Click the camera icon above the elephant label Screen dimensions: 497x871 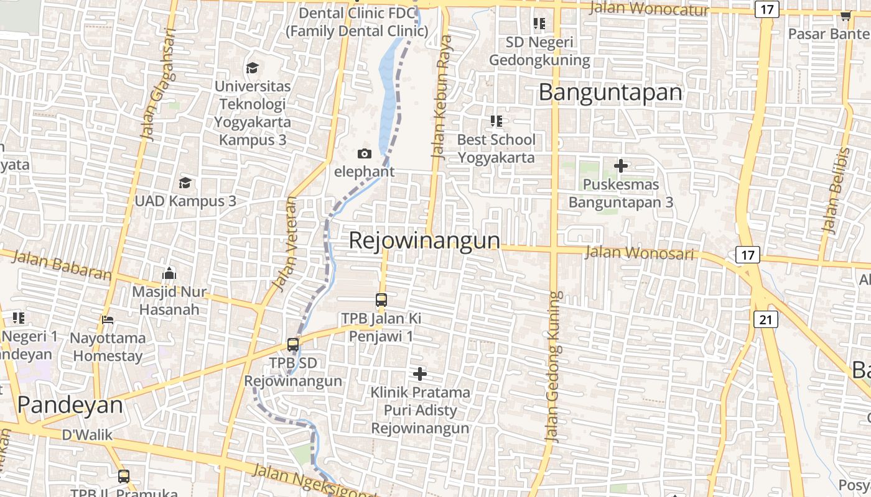pos(365,153)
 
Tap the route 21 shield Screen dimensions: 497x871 pos(765,319)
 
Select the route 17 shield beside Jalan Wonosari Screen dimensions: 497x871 pos(747,254)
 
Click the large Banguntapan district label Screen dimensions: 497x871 pos(610,93)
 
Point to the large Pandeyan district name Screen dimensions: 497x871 pos(70,405)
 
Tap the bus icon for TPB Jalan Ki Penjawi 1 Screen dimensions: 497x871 pos(381,300)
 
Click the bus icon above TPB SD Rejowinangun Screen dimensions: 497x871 pos(293,344)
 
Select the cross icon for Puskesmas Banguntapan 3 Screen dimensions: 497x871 pos(620,166)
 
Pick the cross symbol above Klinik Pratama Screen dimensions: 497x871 pos(420,374)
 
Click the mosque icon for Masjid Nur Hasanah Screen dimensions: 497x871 pos(169,273)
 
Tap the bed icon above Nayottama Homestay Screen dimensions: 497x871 pos(108,320)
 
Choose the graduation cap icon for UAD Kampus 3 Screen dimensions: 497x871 pos(185,183)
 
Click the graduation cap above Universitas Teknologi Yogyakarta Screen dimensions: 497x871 pos(252,67)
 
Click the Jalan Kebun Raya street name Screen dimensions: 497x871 pos(442,96)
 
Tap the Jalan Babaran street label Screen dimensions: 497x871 pos(61,265)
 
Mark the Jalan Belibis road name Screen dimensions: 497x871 pos(836,190)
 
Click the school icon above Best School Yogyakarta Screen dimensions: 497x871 pos(496,121)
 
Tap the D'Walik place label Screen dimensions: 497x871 pos(88,434)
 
